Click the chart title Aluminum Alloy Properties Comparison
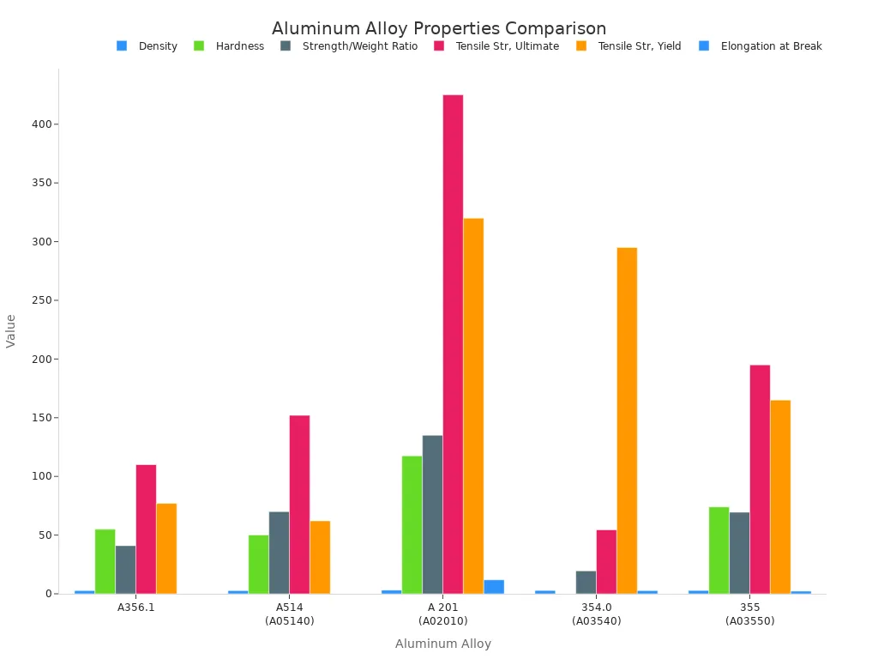click(x=439, y=28)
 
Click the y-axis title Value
click(x=11, y=330)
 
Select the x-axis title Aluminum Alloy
click(x=442, y=644)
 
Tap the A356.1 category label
click(x=135, y=608)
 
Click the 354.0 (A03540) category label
click(x=596, y=614)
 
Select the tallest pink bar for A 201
click(x=453, y=343)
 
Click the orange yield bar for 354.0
click(x=627, y=420)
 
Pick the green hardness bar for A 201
click(x=412, y=524)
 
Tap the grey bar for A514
click(x=279, y=553)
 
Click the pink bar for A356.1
click(x=146, y=529)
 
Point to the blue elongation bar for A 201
click(x=494, y=587)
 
